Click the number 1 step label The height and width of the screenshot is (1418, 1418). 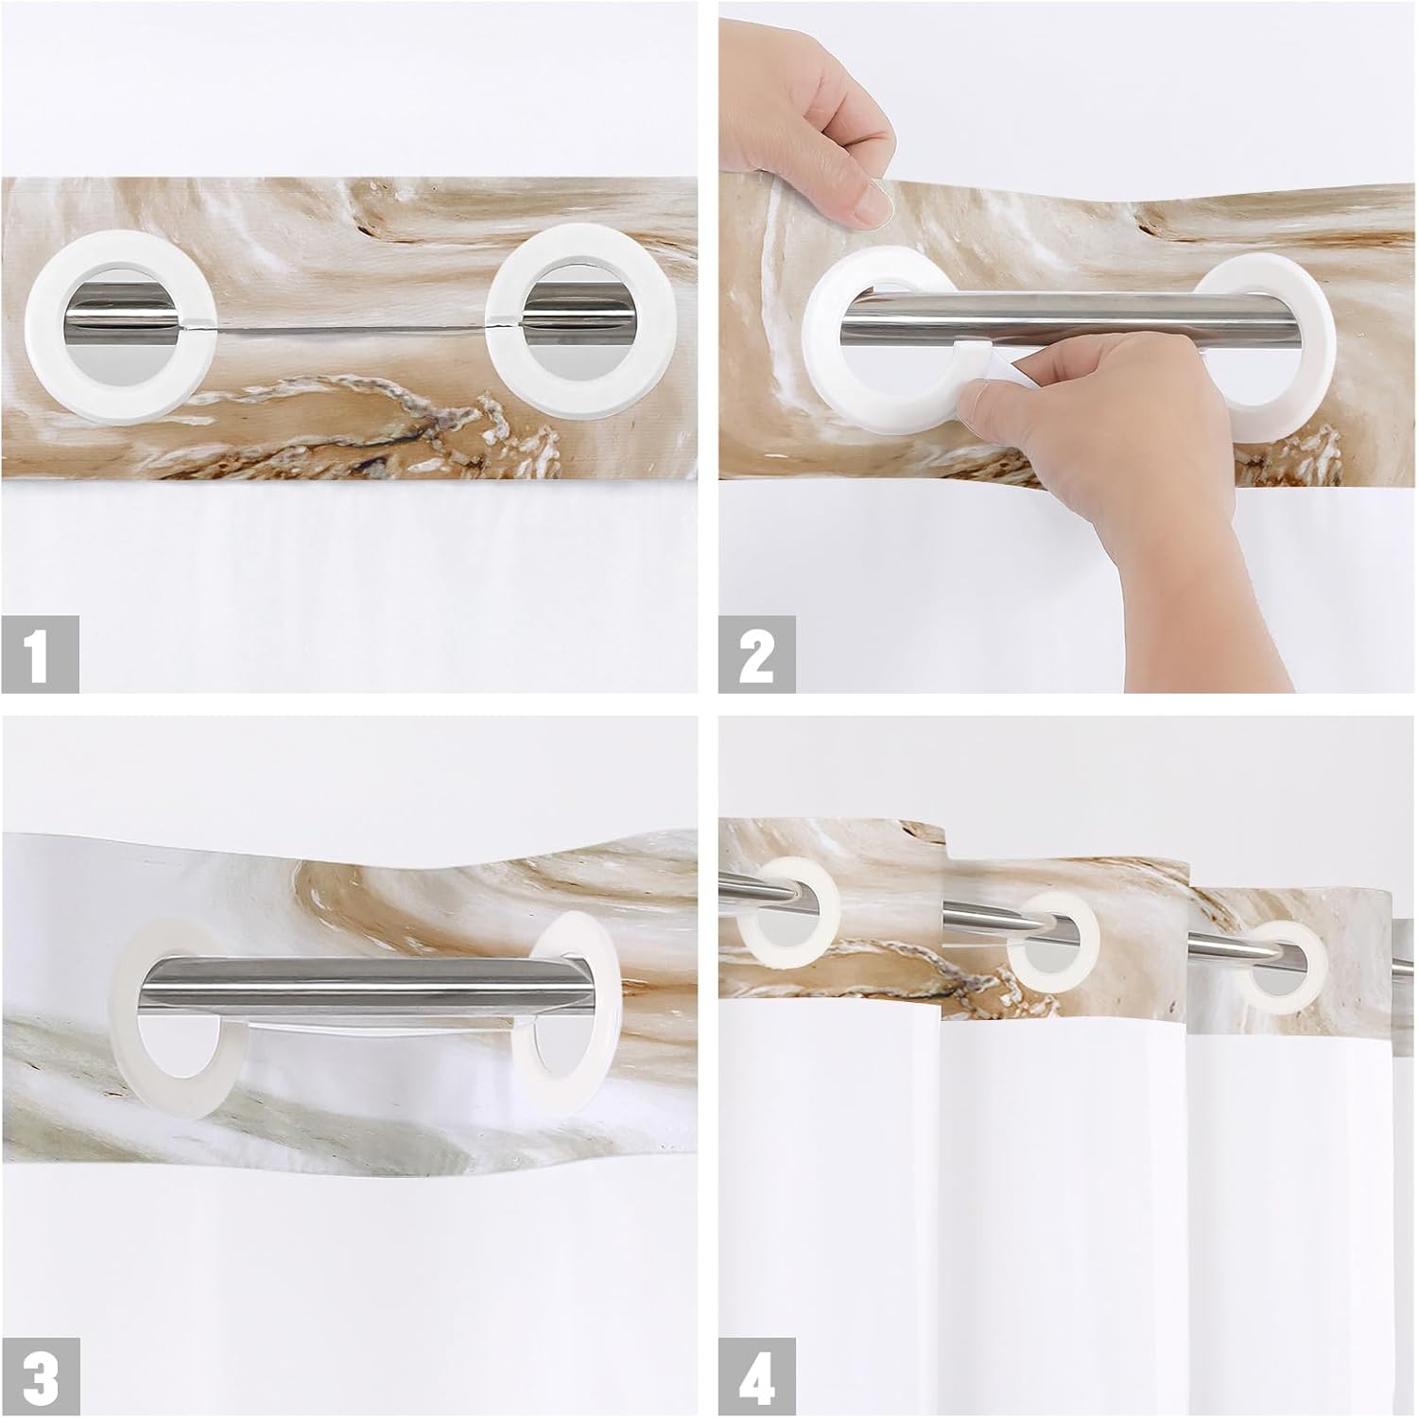coord(40,655)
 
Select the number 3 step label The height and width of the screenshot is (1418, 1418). coord(40,1378)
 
